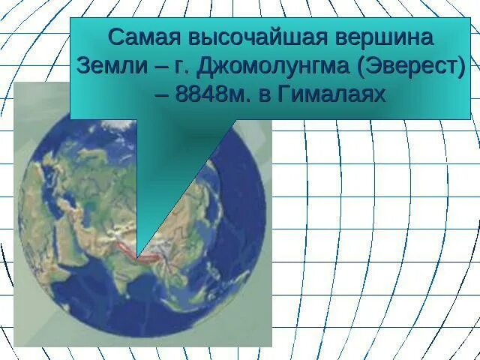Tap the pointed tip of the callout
point(138,256)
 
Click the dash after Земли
point(156,67)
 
